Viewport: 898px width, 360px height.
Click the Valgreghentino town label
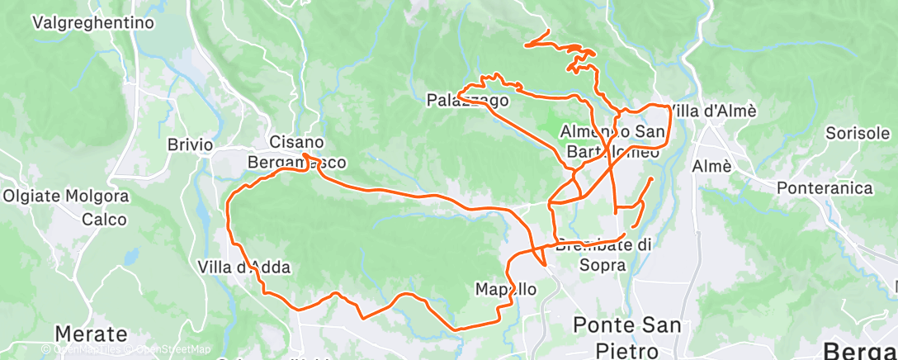(x=93, y=23)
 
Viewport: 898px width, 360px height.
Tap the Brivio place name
(x=191, y=144)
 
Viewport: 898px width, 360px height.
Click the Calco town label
(x=104, y=220)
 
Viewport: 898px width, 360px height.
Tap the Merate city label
(x=91, y=334)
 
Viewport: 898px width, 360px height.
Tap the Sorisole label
(x=858, y=134)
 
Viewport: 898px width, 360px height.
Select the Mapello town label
(x=506, y=290)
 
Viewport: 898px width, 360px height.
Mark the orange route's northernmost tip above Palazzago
(x=548, y=31)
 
